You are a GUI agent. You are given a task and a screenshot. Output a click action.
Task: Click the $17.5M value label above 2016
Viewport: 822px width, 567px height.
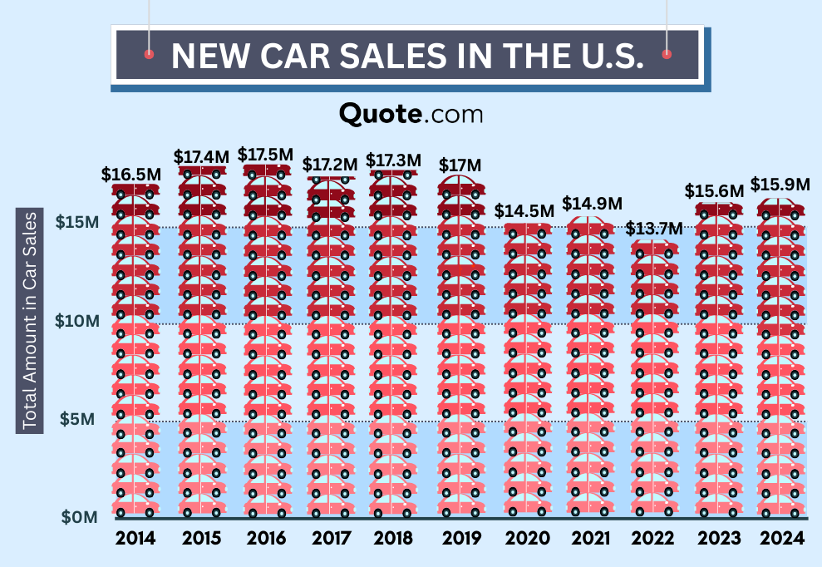tap(265, 155)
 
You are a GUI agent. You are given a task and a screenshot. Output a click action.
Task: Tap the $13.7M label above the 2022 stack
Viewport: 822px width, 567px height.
tap(653, 228)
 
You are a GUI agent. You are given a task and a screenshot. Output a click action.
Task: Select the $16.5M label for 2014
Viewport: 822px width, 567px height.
tap(130, 174)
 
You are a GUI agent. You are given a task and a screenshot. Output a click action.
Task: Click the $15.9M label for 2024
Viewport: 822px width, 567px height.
tap(780, 184)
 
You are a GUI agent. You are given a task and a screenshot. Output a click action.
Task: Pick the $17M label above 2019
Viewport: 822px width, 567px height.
tap(460, 165)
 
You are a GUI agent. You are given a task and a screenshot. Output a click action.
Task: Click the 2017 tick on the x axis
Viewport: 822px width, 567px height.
tap(330, 539)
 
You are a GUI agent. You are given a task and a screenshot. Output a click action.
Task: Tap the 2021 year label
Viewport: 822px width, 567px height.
tap(589, 539)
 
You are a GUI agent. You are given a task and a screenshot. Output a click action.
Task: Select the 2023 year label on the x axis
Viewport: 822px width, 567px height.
tap(718, 539)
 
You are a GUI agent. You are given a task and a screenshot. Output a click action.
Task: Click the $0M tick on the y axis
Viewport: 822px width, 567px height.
tap(79, 516)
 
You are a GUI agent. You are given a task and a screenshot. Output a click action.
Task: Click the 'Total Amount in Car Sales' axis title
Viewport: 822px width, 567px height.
tap(30, 321)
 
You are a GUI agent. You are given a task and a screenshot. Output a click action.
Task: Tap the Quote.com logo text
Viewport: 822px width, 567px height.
tap(411, 113)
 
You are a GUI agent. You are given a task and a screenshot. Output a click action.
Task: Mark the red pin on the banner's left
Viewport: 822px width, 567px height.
tap(149, 54)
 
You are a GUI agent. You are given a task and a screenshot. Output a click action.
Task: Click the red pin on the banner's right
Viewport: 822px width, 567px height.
tap(667, 54)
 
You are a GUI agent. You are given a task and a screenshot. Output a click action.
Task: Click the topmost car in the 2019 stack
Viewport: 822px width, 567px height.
tap(461, 185)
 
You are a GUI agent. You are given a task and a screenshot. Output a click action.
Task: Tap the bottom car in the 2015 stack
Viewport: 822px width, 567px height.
tap(201, 508)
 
